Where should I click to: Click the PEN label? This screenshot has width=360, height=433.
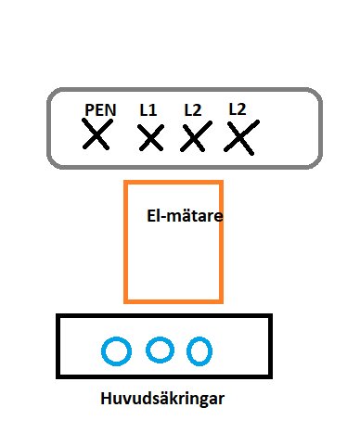tap(99, 110)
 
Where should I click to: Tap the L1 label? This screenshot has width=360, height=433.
tap(148, 110)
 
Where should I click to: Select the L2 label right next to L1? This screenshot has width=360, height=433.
tap(192, 110)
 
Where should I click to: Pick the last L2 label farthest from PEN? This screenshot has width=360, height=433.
tap(238, 108)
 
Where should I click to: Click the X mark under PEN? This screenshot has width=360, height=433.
tap(96, 137)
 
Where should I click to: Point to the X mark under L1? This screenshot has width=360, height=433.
tap(150, 139)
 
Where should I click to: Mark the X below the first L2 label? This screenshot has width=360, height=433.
tap(192, 138)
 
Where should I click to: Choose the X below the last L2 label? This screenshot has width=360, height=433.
tap(240, 138)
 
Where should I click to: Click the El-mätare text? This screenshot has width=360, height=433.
tap(186, 215)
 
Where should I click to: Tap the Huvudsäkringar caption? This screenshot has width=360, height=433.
tap(162, 400)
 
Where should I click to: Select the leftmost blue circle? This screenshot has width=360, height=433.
tap(116, 351)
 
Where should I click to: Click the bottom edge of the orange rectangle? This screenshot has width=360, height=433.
tap(174, 300)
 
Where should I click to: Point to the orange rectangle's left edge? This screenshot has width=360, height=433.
tap(125, 241)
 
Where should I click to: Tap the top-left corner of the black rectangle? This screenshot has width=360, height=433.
tap(58, 316)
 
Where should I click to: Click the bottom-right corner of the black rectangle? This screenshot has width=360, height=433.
tap(271, 376)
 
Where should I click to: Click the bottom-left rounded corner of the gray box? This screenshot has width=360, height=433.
tap(57, 160)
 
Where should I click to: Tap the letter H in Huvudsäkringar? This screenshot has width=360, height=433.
tap(104, 400)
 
